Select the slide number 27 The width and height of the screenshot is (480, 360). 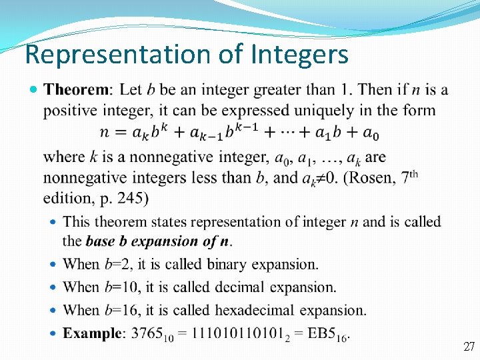[469, 346]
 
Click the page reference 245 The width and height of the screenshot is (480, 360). [131, 198]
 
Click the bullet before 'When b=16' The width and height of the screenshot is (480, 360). [53, 310]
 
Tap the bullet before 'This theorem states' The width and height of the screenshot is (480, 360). [53, 221]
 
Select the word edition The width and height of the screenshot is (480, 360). [66, 198]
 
